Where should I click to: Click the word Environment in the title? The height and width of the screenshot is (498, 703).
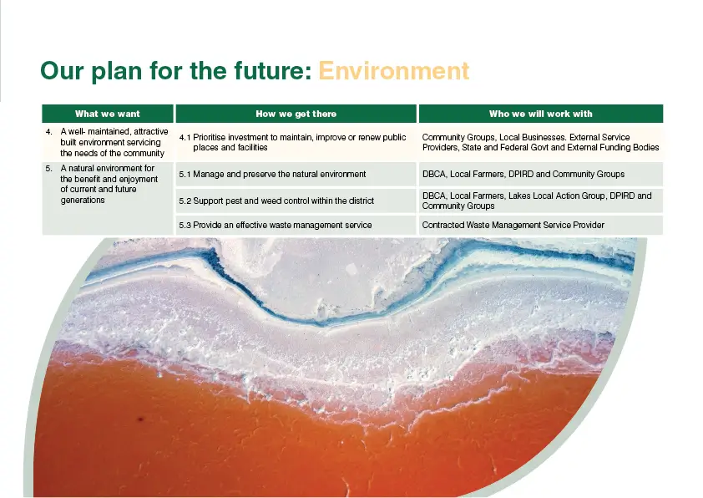(393, 71)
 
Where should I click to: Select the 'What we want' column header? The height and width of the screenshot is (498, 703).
(108, 114)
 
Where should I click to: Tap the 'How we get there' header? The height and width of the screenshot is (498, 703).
(296, 114)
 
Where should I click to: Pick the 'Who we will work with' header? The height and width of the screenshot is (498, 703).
(541, 114)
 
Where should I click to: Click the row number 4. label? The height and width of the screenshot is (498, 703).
(49, 132)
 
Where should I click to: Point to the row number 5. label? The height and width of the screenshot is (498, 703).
(49, 169)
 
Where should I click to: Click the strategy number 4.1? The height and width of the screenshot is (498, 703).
(185, 138)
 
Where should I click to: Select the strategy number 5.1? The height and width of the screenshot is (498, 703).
(185, 175)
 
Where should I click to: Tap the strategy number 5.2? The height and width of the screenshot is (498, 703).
(185, 201)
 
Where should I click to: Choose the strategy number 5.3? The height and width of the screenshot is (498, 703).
(185, 226)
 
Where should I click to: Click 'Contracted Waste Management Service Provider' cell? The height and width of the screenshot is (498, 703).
(513, 226)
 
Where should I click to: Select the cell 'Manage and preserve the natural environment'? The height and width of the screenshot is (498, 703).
(280, 174)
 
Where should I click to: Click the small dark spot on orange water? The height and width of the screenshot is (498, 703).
(140, 419)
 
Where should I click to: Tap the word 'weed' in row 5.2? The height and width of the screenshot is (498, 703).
(271, 201)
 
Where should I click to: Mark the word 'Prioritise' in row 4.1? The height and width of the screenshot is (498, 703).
(210, 137)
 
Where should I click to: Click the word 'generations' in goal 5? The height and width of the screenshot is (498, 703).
(83, 201)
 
